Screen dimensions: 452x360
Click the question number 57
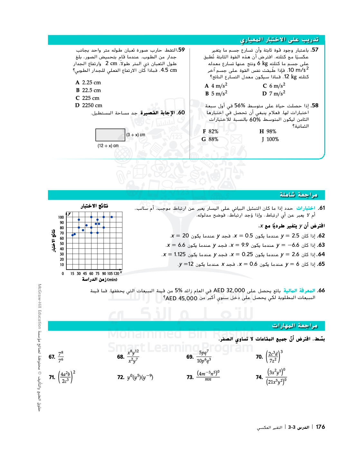315,50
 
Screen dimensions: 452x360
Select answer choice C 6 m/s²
274,86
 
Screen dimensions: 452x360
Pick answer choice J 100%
270,139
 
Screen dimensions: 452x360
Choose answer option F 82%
210,131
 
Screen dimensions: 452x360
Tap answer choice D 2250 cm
89,105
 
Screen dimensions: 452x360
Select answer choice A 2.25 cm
88,82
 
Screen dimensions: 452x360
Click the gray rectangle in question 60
110,135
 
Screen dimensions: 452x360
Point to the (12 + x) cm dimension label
108,146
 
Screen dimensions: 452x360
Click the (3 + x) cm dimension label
136,135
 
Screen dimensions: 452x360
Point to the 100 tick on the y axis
61,217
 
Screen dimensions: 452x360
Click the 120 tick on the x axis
116,274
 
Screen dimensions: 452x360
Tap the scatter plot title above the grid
94,206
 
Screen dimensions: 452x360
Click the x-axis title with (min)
99,279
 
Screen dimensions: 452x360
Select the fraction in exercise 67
61,357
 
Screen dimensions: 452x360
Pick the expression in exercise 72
140,377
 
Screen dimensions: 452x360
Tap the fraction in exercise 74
276,377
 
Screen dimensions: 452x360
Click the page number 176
320,427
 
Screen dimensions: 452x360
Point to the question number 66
321,291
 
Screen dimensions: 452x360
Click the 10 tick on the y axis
62,265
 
